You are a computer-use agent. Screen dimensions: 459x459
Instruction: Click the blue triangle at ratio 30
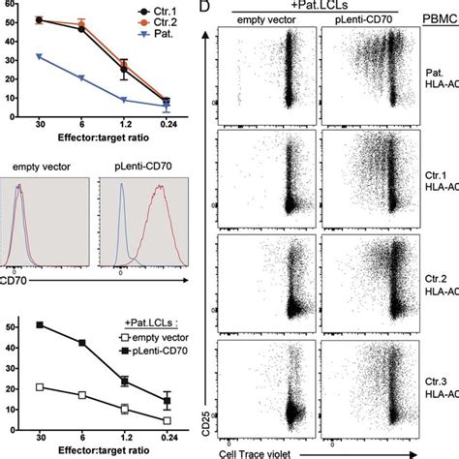[38, 57]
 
